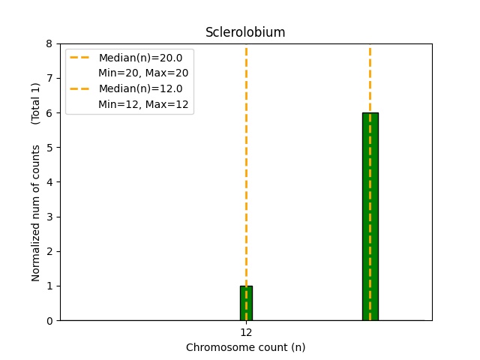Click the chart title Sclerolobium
245,32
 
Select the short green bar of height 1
246,303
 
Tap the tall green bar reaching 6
370,216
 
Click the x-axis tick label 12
246,332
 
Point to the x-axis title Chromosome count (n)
245,347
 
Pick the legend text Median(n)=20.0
140,58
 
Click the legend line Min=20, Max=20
143,73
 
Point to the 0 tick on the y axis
49,321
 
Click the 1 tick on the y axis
49,286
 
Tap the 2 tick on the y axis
49,251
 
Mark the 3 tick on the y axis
49,217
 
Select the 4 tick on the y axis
49,182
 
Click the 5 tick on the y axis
49,148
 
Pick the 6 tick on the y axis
49,112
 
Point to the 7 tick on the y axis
49,78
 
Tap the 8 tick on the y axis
49,43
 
